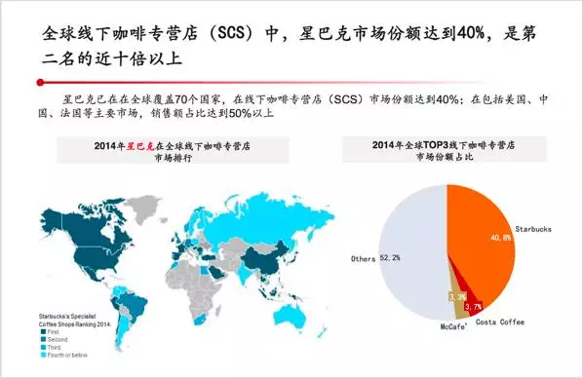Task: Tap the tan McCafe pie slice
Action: click(454, 294)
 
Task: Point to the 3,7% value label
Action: click(474, 307)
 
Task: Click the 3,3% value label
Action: click(455, 294)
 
